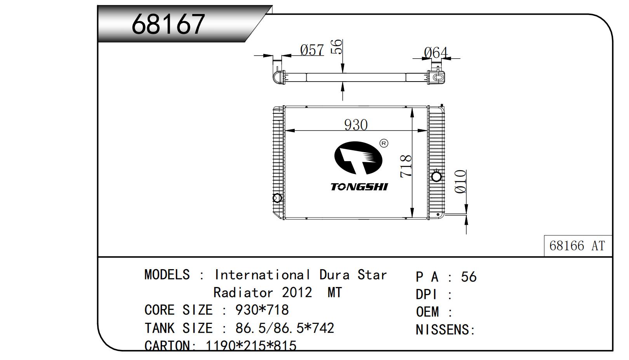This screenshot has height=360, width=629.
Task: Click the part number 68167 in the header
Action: [168, 24]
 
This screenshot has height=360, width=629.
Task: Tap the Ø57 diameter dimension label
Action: [312, 50]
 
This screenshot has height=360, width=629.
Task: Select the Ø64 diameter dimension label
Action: [436, 52]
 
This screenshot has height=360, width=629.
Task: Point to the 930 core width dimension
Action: [356, 125]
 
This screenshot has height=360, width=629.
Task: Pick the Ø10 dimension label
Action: [460, 181]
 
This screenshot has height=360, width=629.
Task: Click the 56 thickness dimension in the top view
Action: [337, 47]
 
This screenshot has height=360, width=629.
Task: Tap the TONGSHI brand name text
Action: [359, 187]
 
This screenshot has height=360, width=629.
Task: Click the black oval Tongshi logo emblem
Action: [358, 158]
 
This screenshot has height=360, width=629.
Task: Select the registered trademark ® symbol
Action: [384, 143]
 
